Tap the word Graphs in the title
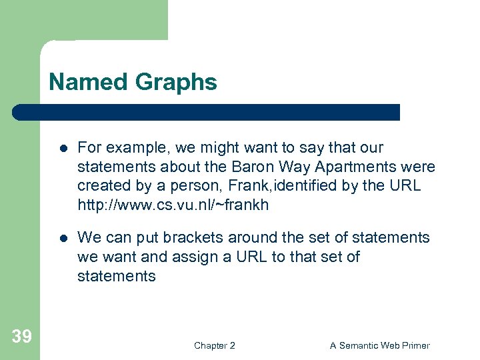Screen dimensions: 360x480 (176, 82)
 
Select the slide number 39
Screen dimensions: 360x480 (21, 337)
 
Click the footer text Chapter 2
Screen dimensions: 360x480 (214, 345)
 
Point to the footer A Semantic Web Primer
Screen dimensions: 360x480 (380, 345)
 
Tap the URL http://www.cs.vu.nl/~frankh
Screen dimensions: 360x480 (173, 205)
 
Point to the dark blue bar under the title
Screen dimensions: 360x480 (207, 112)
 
